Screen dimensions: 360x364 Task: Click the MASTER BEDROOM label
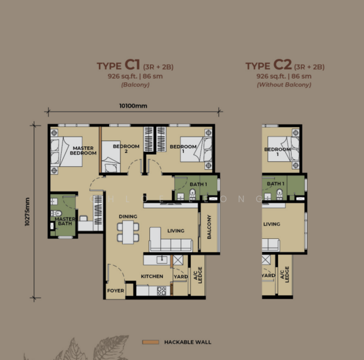pos(84,150)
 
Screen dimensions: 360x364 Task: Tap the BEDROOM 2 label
pos(126,149)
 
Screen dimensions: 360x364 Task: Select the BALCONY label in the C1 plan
pos(209,227)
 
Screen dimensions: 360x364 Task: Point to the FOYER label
pos(115,290)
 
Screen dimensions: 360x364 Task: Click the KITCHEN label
pos(152,276)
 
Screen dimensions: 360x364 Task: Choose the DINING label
pos(128,217)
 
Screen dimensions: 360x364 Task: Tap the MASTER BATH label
pos(64,222)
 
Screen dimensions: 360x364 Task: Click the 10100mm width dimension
pos(133,106)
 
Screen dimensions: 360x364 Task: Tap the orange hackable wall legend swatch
pos(150,342)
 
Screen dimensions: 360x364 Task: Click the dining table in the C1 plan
pos(128,232)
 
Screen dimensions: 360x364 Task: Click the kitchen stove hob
pos(161,291)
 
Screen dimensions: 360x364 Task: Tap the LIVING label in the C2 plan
pos(272,224)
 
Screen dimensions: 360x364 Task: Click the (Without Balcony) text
pos(284,85)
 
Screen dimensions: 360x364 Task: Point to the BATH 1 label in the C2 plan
pos(275,184)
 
